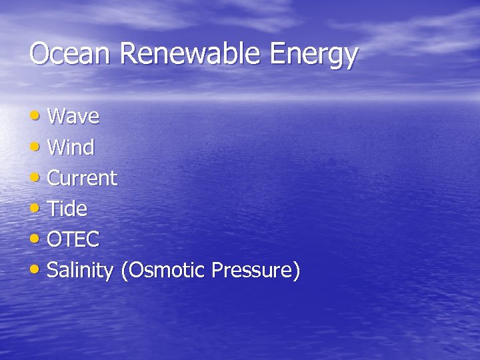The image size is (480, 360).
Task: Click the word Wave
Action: tap(73, 117)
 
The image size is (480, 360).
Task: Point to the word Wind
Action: tap(71, 147)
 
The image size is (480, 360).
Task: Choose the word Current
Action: tap(82, 178)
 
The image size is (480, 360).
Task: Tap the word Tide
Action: tap(67, 209)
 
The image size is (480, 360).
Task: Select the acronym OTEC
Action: tap(73, 239)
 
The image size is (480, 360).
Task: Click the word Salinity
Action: tap(80, 271)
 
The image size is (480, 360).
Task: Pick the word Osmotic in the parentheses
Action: tap(166, 270)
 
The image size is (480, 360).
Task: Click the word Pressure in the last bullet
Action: tap(252, 270)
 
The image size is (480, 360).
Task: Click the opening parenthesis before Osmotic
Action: tap(124, 271)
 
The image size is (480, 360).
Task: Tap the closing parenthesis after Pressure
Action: tap(297, 271)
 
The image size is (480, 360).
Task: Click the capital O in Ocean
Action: tap(39, 54)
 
